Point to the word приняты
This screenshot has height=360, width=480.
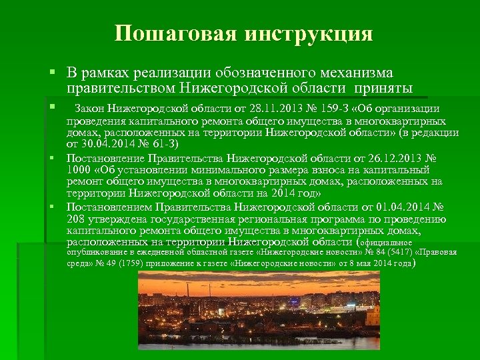(385, 89)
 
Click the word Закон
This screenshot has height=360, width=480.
(91, 109)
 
